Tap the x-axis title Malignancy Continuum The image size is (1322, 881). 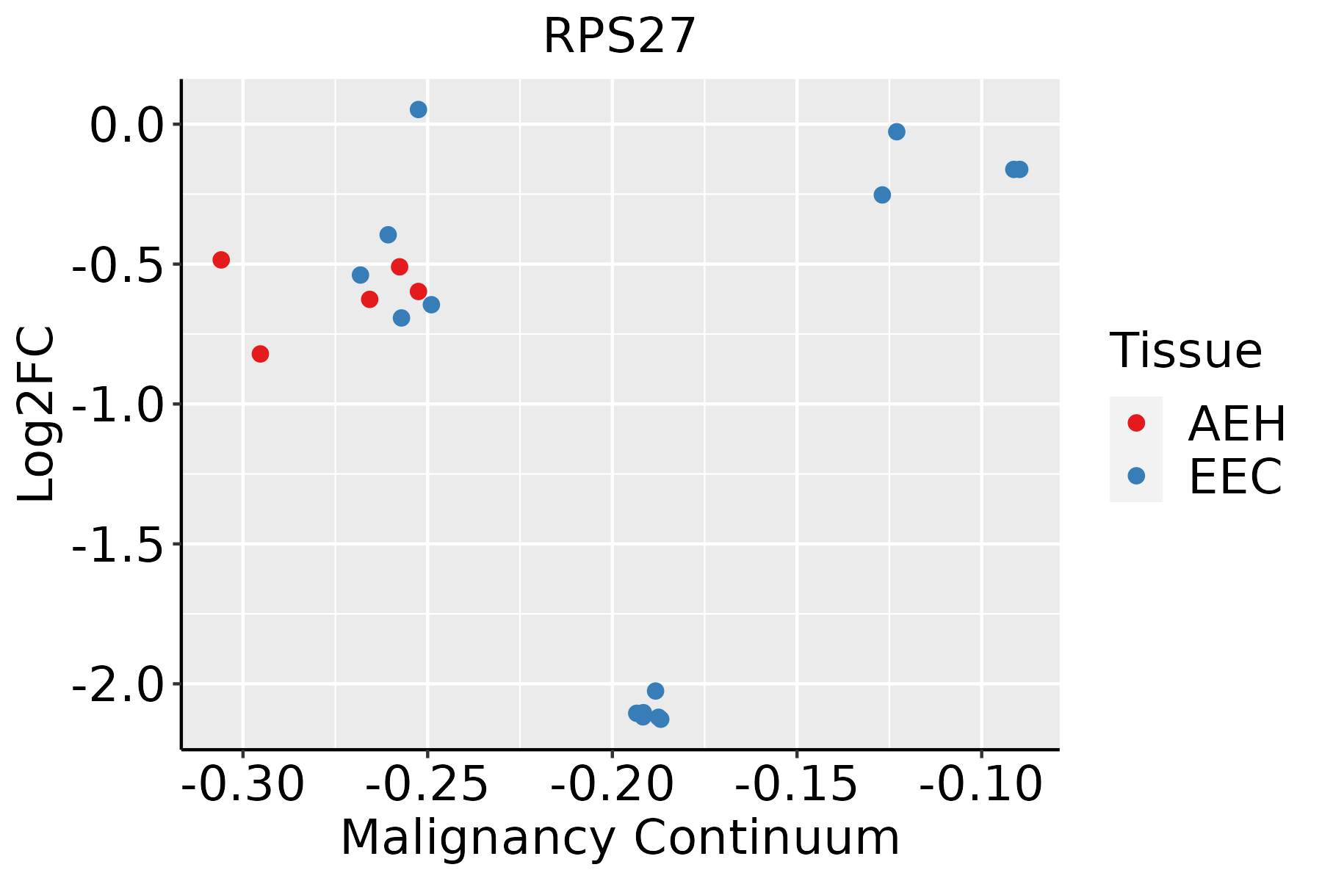pos(620,838)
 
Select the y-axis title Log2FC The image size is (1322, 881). pos(37,414)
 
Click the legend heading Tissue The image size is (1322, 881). pos(1185,351)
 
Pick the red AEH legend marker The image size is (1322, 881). pos(1136,423)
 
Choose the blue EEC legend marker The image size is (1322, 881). pos(1136,476)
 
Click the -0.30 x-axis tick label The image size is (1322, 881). pos(242,785)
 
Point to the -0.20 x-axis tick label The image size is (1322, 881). pos(612,785)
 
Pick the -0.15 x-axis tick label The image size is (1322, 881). pos(796,785)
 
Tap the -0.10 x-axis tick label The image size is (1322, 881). pos(980,785)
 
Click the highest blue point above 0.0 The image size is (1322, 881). pos(419,109)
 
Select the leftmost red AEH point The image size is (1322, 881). pos(221,260)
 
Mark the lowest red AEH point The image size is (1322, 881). pos(260,354)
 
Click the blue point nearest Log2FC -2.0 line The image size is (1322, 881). pos(656,691)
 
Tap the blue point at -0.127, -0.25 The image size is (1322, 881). pos(882,195)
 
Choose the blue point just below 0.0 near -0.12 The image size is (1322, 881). pos(897,131)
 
